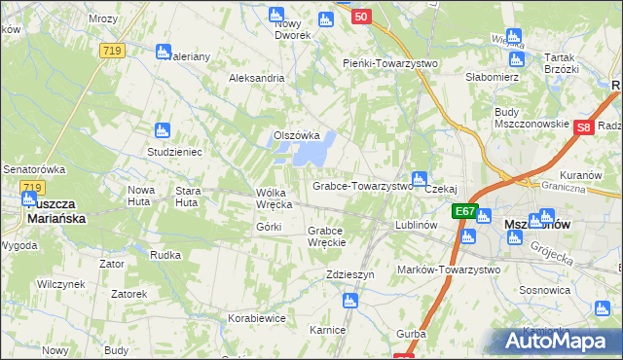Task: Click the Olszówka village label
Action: point(297,135)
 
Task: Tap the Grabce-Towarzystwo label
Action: point(362,186)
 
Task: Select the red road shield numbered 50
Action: point(361,17)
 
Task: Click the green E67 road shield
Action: point(464,211)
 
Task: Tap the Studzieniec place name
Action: point(174,153)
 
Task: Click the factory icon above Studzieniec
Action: point(164,129)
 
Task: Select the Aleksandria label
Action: point(256,78)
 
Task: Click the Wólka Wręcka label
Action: point(274,198)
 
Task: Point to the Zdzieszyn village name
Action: point(350,275)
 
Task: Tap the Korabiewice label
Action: point(256,318)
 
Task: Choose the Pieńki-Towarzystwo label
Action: point(390,63)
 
